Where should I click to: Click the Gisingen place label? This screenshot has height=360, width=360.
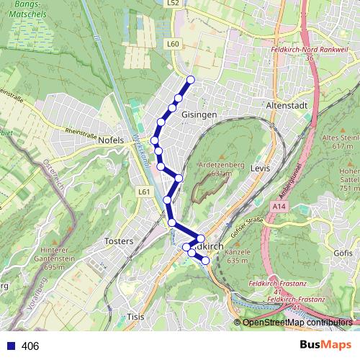click(x=200, y=114)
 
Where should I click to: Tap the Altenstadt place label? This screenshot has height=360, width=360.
click(x=287, y=105)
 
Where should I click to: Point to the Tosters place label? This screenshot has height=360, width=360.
click(x=120, y=240)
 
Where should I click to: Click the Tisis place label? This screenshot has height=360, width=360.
click(x=135, y=317)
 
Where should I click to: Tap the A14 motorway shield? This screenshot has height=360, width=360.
click(x=280, y=206)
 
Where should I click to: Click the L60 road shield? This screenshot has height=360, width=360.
click(x=172, y=44)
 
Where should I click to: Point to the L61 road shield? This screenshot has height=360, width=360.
click(x=144, y=192)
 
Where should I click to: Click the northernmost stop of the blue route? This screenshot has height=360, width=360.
click(x=191, y=80)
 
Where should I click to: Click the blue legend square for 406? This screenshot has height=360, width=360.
click(x=9, y=346)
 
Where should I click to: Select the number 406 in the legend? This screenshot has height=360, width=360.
click(x=30, y=346)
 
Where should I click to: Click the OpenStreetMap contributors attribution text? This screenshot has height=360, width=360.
click(x=297, y=323)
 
